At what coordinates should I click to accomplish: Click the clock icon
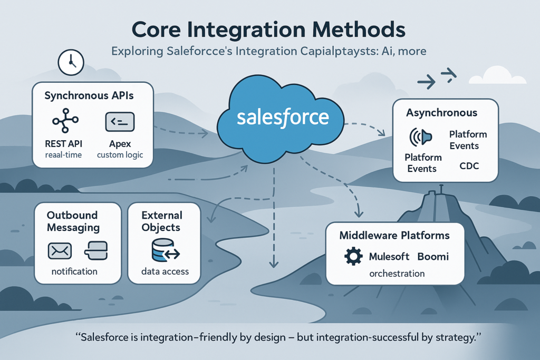(69, 63)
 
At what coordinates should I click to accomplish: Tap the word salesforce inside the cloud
(283, 117)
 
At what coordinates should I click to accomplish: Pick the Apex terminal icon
(120, 122)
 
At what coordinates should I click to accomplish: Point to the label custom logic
(120, 155)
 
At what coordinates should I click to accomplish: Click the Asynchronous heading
(441, 113)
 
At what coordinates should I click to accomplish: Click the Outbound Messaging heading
(72, 221)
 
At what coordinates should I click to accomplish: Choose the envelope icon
(60, 250)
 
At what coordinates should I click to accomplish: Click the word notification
(74, 271)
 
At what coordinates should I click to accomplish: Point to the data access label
(165, 272)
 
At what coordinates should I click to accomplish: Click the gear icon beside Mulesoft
(353, 257)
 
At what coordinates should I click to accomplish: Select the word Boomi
(433, 257)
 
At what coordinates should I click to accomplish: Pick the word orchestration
(397, 274)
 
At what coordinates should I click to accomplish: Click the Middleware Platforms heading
(394, 235)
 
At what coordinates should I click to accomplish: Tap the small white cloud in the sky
(496, 76)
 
